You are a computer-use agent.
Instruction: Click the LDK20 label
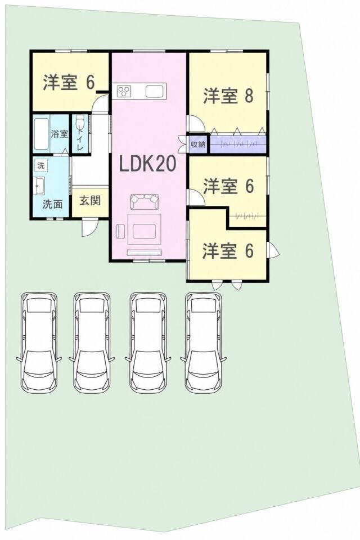[x=148, y=164]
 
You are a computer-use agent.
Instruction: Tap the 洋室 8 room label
[x=228, y=96]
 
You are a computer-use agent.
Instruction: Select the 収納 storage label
[x=198, y=145]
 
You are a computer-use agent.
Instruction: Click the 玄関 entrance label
[x=90, y=200]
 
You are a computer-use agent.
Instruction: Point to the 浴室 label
[x=60, y=134]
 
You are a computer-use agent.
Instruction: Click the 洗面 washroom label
[x=53, y=204]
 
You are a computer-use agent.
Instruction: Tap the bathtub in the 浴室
[x=41, y=134]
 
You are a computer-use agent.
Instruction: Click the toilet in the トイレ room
[x=80, y=123]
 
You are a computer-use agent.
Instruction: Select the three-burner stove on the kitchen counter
[x=124, y=91]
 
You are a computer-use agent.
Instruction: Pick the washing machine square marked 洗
[x=41, y=165]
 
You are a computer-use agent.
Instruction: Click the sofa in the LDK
[x=145, y=201]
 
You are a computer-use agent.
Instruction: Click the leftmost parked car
[x=39, y=342]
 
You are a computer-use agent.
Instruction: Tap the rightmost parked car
[x=203, y=342]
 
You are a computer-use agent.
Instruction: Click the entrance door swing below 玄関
[x=89, y=227]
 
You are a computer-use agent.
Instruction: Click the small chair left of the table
[x=120, y=231]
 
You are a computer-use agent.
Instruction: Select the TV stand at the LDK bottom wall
[x=145, y=253]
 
